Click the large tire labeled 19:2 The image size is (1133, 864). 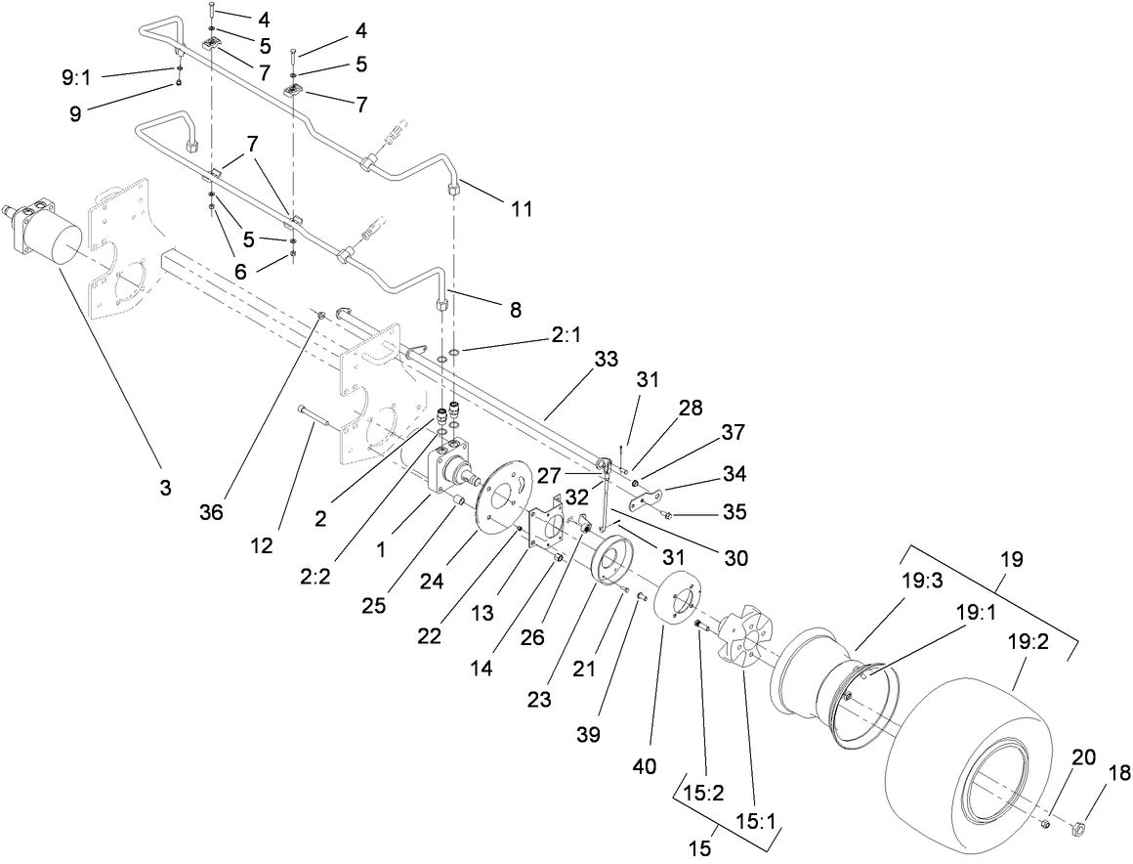click(977, 753)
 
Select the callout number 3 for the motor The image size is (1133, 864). click(165, 487)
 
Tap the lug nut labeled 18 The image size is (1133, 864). click(1080, 831)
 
